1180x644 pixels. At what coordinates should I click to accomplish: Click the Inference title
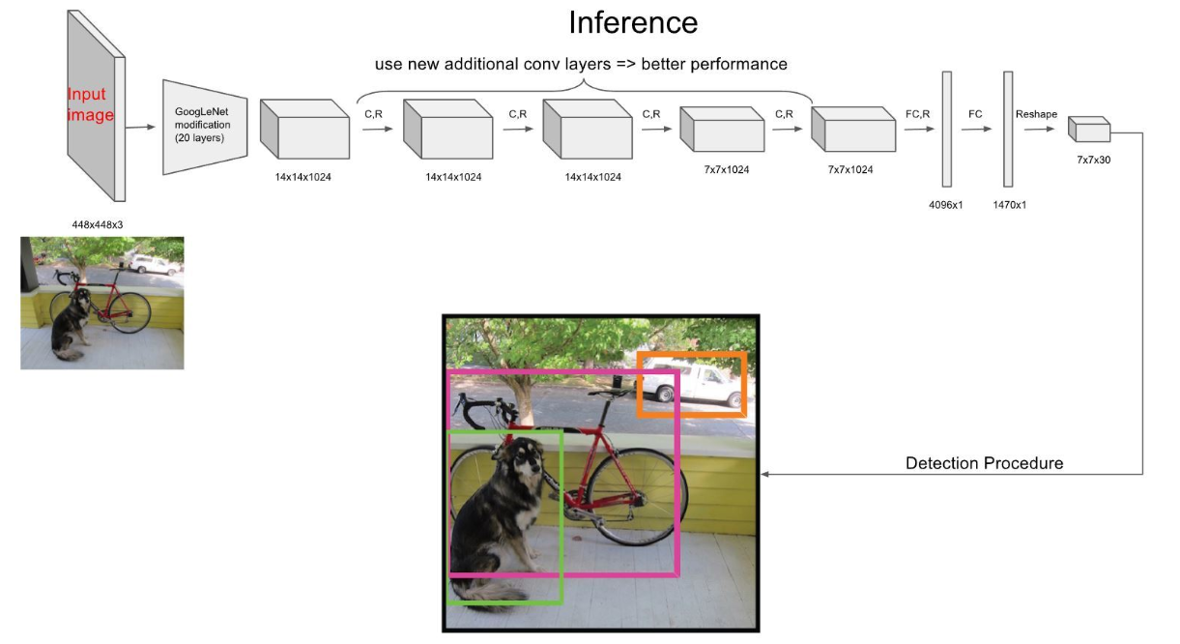[x=633, y=22]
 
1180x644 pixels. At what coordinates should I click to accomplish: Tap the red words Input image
[x=90, y=105]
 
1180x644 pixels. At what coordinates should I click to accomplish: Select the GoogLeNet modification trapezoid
[x=206, y=127]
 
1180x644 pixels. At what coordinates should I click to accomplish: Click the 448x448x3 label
[x=97, y=224]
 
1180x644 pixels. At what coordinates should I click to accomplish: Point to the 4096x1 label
[x=946, y=204]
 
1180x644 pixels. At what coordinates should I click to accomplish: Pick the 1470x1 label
[x=1008, y=204]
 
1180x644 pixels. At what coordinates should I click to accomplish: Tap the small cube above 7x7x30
[x=1089, y=130]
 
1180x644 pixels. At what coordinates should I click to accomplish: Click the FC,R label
[x=917, y=114]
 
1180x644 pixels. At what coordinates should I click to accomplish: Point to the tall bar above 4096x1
[x=946, y=129]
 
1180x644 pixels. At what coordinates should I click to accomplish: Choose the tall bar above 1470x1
[x=1008, y=129]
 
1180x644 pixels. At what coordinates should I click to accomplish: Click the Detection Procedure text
[x=984, y=463]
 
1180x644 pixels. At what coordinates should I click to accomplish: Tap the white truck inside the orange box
[x=691, y=385]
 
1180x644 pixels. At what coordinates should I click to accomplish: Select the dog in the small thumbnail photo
[x=69, y=323]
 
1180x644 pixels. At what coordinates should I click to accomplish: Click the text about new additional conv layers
[x=581, y=65]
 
